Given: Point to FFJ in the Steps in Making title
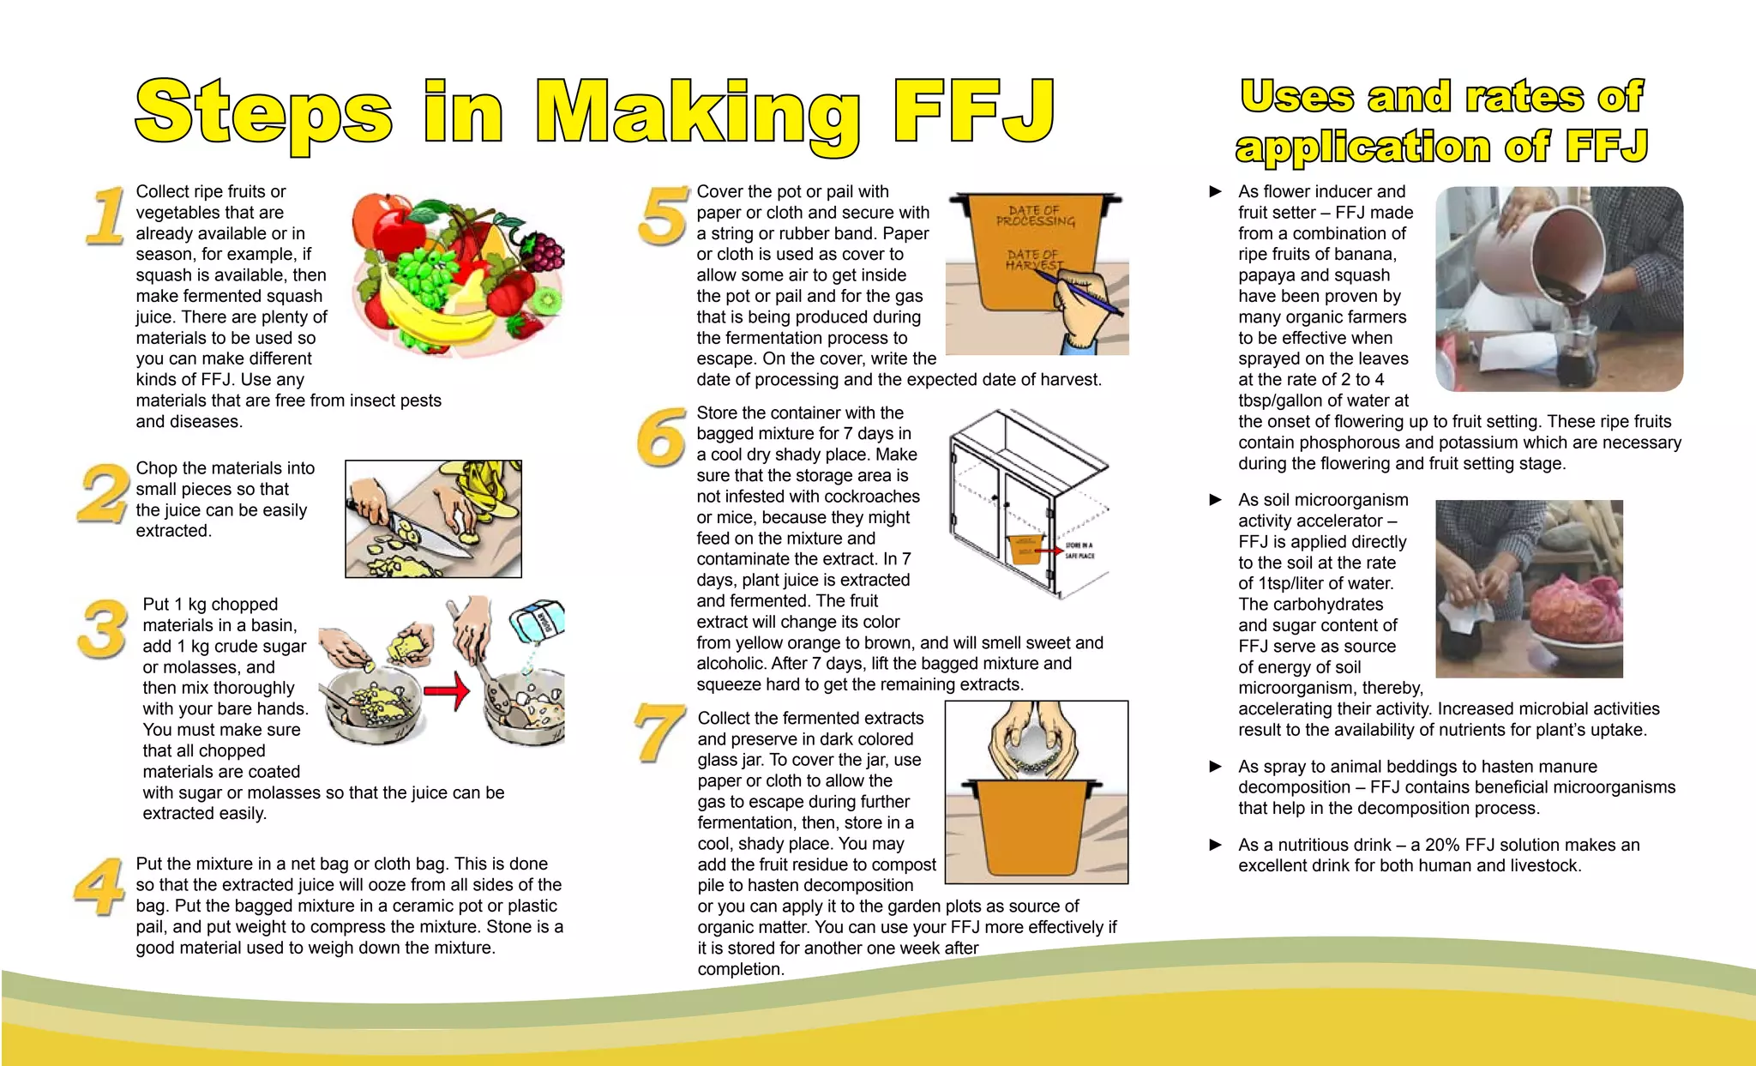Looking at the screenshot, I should point(972,111).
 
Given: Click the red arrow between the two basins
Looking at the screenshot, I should point(447,691).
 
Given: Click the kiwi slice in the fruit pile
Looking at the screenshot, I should point(546,301).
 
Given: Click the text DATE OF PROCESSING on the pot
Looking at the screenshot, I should point(1035,216).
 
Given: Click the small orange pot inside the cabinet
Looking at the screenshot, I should point(1025,549).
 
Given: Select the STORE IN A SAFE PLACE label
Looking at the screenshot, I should point(1079,551).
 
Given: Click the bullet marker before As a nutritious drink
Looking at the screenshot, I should point(1215,845).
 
